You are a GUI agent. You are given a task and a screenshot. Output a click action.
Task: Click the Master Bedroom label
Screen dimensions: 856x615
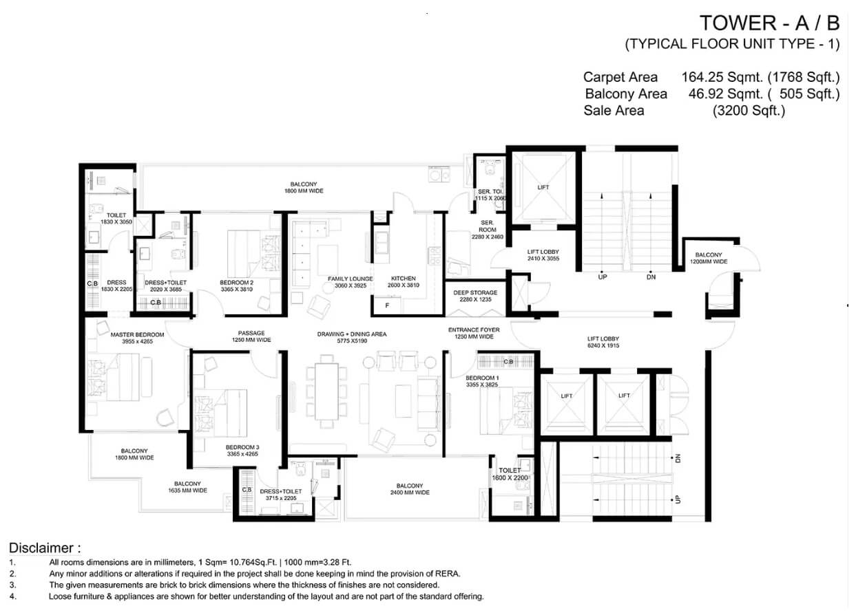coord(137,338)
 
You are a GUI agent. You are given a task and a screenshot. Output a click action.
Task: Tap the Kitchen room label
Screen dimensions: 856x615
coord(403,282)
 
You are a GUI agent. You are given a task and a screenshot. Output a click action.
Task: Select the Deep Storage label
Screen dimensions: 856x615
coord(475,296)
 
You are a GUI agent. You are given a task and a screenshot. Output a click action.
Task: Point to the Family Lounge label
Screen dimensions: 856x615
coord(350,282)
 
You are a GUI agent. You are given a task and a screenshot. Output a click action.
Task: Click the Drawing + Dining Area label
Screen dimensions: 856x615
coord(352,338)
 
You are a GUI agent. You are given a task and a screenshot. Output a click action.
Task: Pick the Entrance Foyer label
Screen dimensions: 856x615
coord(474,333)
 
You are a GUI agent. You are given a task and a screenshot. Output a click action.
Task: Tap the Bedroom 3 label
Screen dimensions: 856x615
coord(242,451)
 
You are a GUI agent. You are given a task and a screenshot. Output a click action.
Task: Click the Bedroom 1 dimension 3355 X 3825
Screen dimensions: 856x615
coord(482,385)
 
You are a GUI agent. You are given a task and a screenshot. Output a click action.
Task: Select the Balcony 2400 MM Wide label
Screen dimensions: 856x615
coord(410,489)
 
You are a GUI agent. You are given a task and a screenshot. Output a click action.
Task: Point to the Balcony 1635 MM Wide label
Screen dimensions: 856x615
coord(187,487)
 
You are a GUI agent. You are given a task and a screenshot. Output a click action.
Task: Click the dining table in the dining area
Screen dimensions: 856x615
coord(326,391)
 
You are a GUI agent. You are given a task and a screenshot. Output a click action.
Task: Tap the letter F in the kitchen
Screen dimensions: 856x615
coord(387,305)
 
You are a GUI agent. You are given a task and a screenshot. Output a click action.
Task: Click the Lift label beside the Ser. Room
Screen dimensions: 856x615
coord(543,187)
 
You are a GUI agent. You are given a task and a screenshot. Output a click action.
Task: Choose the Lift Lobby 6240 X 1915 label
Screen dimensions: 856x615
coord(603,342)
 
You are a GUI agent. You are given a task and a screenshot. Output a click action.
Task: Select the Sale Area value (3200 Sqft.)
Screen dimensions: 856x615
coord(749,111)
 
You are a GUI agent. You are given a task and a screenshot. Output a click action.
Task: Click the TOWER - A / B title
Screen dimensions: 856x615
coord(769,23)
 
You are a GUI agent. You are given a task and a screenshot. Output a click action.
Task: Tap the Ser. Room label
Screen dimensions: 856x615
coord(488,230)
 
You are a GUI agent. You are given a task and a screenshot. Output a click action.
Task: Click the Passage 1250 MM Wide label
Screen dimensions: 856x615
coord(251,336)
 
